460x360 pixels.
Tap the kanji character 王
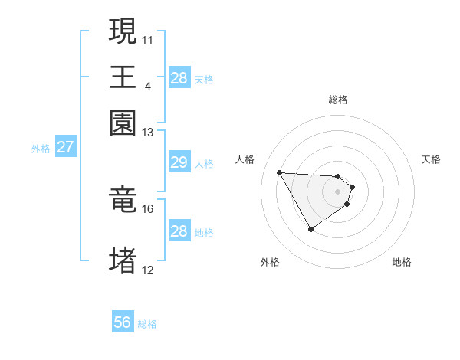(x=123, y=76)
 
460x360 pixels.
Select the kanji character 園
(x=123, y=123)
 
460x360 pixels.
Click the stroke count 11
(x=148, y=38)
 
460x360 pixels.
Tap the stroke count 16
(x=148, y=208)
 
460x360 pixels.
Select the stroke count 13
(x=148, y=133)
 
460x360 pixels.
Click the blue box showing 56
(x=123, y=322)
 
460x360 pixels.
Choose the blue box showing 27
(x=65, y=147)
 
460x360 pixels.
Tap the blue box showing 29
(x=179, y=162)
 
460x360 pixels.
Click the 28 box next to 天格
(x=179, y=78)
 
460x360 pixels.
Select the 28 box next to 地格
(x=179, y=231)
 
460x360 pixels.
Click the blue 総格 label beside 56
(x=148, y=324)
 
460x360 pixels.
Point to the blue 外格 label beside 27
(x=40, y=149)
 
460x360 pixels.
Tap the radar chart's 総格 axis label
(x=338, y=100)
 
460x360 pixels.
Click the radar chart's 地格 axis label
(x=402, y=262)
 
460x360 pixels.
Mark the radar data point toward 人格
(x=280, y=172)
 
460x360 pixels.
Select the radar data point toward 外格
(x=310, y=228)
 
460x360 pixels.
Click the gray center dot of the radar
(x=338, y=191)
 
